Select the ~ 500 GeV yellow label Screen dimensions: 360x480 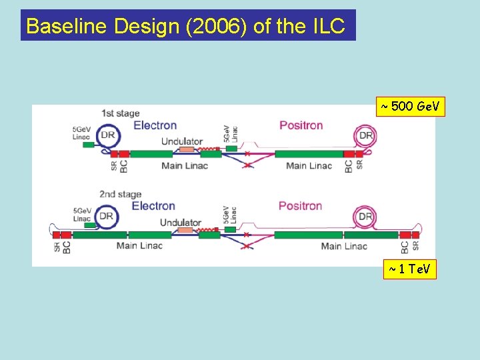click(410, 107)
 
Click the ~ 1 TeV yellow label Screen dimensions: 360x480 click(410, 269)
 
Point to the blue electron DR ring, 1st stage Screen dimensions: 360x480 click(108, 136)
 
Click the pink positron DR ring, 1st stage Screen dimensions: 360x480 click(366, 136)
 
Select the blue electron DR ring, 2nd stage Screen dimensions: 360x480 click(105, 216)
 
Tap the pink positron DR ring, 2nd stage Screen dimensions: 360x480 click(365, 216)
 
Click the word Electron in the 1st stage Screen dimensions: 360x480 click(155, 125)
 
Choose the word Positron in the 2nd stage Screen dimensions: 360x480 click(300, 205)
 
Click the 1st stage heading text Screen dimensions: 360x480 click(120, 113)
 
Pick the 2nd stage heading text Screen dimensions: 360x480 click(120, 194)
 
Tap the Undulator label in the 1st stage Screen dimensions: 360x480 click(181, 141)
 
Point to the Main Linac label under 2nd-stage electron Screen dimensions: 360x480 click(139, 246)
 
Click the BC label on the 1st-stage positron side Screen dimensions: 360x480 click(349, 166)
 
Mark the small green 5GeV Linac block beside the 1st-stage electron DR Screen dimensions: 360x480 click(88, 143)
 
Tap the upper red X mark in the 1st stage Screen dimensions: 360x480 click(247, 154)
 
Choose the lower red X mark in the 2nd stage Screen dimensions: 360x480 click(247, 247)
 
